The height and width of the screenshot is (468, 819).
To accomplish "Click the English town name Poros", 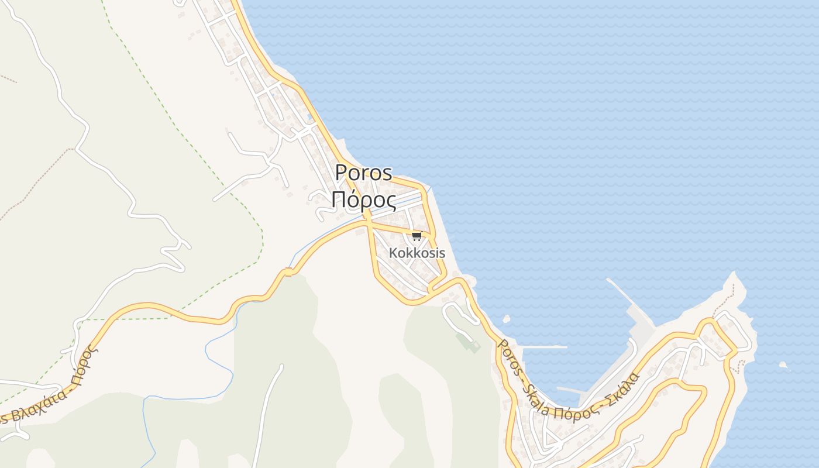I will click(x=363, y=173).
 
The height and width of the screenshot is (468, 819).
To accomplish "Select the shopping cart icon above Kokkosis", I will click(x=417, y=236).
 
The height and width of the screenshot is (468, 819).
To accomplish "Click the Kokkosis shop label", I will click(x=417, y=253).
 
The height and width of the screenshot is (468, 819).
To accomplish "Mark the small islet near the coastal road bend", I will click(x=506, y=319).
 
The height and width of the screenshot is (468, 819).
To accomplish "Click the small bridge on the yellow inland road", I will click(x=287, y=272).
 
